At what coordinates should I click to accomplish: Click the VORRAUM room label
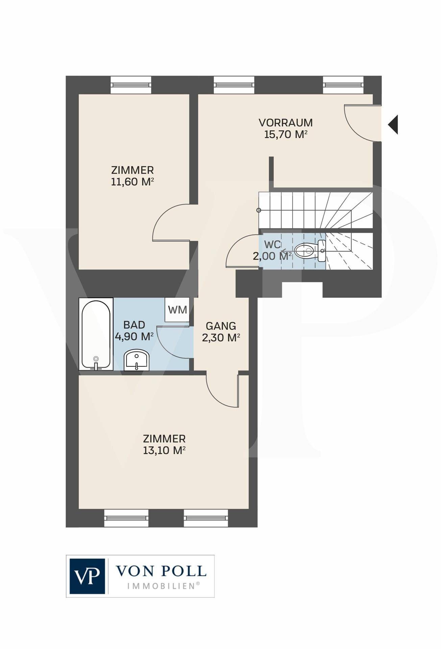click(x=286, y=122)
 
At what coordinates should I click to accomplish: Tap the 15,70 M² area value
click(x=286, y=134)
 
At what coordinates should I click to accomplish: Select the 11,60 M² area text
click(x=132, y=182)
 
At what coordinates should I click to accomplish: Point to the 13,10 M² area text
click(x=164, y=451)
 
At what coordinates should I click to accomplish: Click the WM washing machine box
click(x=177, y=310)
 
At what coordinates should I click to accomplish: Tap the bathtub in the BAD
click(x=96, y=334)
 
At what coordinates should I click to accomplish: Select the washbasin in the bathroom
click(x=137, y=360)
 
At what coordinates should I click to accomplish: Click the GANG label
click(x=221, y=326)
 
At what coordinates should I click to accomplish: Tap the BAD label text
click(x=134, y=325)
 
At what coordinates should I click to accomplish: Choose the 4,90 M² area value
click(x=134, y=337)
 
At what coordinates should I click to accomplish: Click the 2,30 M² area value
click(x=221, y=338)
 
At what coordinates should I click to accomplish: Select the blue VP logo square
click(x=87, y=576)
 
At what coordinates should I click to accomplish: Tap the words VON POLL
click(x=161, y=571)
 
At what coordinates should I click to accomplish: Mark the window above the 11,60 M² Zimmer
click(x=131, y=85)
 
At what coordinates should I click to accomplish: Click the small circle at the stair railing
click(x=259, y=210)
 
